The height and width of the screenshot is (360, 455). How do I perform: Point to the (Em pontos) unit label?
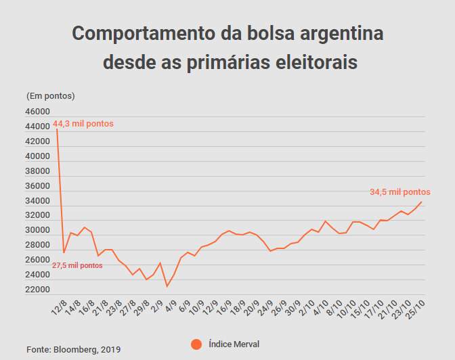point(50,95)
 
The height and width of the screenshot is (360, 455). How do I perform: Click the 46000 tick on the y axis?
point(38,112)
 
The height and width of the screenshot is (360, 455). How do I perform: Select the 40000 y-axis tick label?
point(38,156)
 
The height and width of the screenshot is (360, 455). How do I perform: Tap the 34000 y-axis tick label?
point(38,201)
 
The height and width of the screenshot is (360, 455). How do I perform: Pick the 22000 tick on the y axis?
point(38,290)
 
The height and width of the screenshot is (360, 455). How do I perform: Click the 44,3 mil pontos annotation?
point(83,124)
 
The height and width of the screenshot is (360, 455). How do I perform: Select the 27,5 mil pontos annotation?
point(77,265)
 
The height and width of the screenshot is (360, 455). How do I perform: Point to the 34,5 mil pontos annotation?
point(399,192)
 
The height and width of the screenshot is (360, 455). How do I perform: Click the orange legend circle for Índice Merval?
point(196,344)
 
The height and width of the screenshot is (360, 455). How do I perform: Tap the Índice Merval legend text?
point(234,344)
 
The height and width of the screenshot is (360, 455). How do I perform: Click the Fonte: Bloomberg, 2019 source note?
point(74,349)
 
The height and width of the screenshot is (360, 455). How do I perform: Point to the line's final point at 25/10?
point(422,202)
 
